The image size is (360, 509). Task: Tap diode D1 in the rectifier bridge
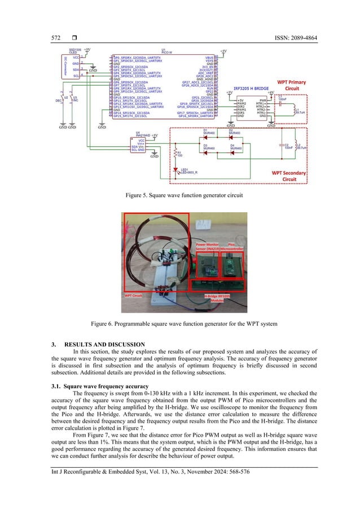[206, 135]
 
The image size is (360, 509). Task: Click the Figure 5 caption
[179, 195]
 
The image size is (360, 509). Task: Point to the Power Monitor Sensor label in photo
[208, 247]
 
